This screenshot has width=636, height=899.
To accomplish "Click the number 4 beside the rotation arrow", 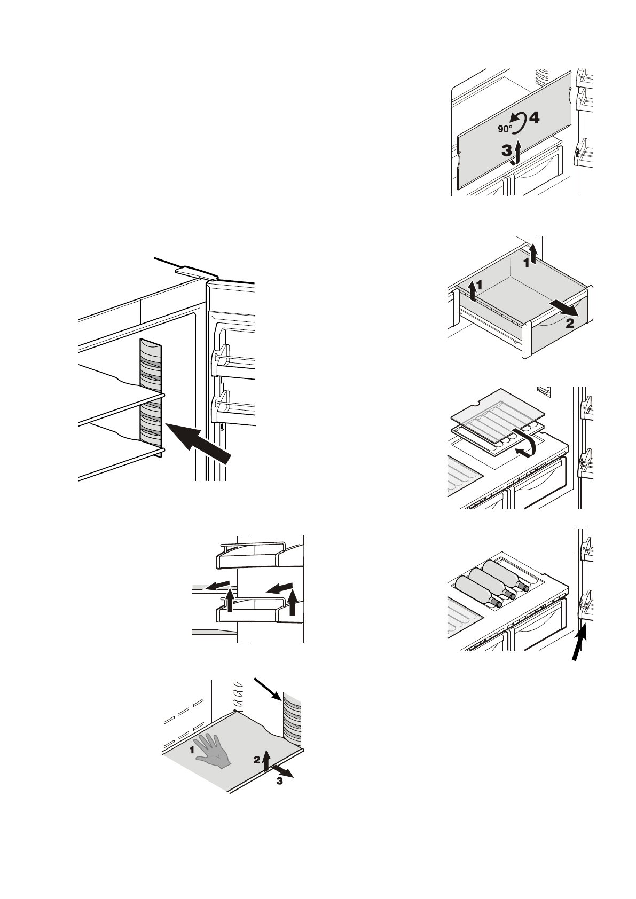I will (534, 118).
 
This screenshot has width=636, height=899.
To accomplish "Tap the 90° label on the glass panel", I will (505, 129).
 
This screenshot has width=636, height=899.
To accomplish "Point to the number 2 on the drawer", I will (570, 322).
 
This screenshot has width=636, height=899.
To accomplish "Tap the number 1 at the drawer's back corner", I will (525, 262).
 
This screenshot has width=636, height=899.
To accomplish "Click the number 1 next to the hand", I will (191, 750).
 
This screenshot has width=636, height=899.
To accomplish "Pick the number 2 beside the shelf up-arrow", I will (257, 759).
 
